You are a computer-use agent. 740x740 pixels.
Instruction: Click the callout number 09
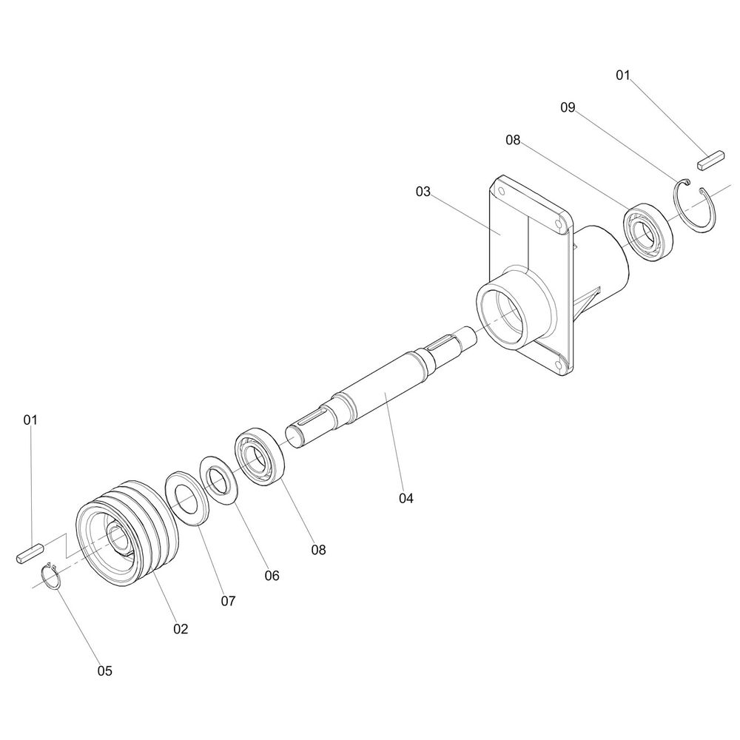click(568, 107)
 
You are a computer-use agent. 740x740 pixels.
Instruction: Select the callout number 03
click(423, 192)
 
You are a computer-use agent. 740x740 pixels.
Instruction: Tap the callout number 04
click(406, 498)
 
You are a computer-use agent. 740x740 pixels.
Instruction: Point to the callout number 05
click(105, 670)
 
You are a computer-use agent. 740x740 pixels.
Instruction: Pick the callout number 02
click(181, 628)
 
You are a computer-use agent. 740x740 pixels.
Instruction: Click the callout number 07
click(228, 601)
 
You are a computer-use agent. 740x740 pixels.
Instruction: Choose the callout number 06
click(272, 575)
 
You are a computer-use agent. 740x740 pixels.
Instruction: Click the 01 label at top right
click(623, 75)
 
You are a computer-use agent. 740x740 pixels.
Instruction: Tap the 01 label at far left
click(30, 420)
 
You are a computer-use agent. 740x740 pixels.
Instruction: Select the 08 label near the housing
click(513, 140)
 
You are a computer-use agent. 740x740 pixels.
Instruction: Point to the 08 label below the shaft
click(318, 550)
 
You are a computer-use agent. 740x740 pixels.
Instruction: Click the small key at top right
click(710, 160)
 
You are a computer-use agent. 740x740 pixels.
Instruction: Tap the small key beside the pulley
click(30, 553)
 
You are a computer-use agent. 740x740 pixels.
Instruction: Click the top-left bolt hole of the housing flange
click(502, 192)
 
